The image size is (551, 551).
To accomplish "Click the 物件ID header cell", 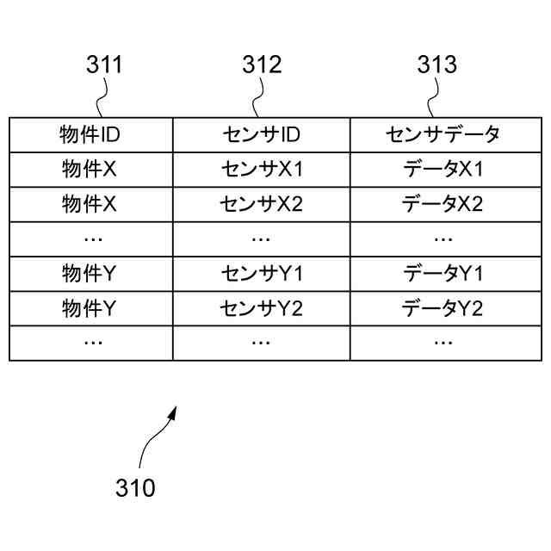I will click(x=90, y=134).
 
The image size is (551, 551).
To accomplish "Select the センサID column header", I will click(x=261, y=134).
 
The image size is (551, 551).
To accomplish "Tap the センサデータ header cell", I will click(x=443, y=134).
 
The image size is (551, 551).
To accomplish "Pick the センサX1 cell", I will click(x=261, y=170).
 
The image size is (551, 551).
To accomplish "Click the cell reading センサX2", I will click(x=261, y=204).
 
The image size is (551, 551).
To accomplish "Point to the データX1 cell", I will click(x=443, y=170).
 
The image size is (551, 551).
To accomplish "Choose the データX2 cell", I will click(x=443, y=204).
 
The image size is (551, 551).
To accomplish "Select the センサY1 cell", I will click(x=261, y=274).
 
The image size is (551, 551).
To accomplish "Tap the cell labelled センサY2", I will click(x=261, y=308).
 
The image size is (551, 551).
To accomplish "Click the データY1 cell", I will click(x=443, y=274).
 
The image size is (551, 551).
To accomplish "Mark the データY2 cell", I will click(x=443, y=308).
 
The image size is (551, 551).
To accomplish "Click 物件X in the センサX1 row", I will click(x=90, y=170).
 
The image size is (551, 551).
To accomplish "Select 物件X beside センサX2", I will click(x=90, y=204).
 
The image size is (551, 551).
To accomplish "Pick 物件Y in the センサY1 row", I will click(x=90, y=274).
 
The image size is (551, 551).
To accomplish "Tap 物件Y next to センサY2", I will click(x=90, y=308).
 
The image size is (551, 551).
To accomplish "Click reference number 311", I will click(x=104, y=65).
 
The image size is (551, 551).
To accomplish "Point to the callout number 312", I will click(x=262, y=65).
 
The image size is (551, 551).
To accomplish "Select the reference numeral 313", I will click(x=437, y=65).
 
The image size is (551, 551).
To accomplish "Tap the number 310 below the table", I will click(x=135, y=488).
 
